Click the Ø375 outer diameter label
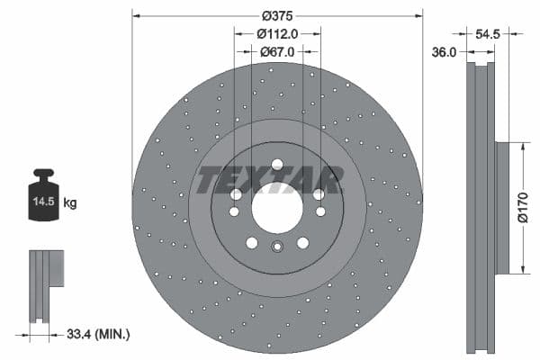pyautogui.click(x=277, y=16)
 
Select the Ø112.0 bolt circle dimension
pyautogui.click(x=277, y=34)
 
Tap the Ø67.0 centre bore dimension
pyautogui.click(x=277, y=52)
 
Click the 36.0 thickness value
pyautogui.click(x=445, y=52)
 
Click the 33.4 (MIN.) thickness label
pyautogui.click(x=99, y=334)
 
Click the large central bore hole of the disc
pyautogui.click(x=277, y=208)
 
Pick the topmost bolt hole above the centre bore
pyautogui.click(x=277, y=164)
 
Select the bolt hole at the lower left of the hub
pyautogui.click(x=252, y=243)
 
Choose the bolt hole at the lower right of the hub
pyautogui.click(x=303, y=243)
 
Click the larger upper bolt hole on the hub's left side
pyautogui.click(x=236, y=193)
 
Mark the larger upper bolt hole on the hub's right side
pyautogui.click(x=319, y=193)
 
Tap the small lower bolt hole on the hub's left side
pyautogui.click(x=234, y=212)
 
